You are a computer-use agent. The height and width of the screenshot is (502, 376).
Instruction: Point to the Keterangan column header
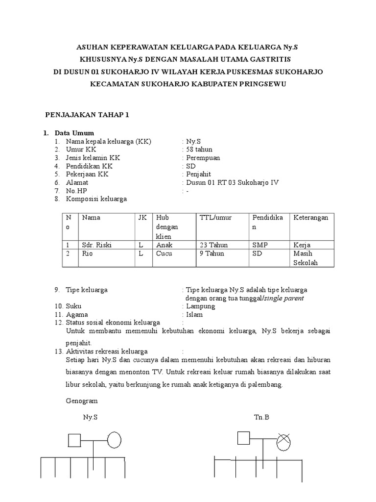click(310, 217)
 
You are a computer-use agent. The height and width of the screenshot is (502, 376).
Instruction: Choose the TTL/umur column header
click(215, 217)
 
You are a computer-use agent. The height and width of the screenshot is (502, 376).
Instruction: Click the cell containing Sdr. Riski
click(97, 245)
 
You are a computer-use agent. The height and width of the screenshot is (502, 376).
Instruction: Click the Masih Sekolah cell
click(306, 258)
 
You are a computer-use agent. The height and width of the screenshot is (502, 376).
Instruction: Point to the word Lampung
click(201, 306)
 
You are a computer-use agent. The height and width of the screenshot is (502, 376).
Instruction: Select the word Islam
click(194, 314)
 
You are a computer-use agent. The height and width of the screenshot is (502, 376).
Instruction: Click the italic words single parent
click(282, 298)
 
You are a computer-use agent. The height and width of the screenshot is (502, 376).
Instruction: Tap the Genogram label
click(82, 401)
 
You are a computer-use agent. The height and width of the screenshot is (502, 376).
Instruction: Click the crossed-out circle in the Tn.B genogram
click(283, 442)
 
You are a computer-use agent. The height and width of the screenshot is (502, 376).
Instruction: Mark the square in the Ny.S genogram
click(74, 440)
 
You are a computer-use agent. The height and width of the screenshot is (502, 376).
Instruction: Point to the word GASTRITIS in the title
click(269, 59)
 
